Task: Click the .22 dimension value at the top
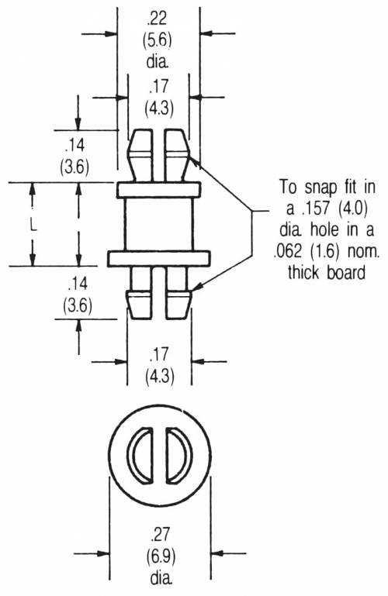point(156,19)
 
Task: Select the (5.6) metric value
point(157,40)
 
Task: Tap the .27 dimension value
point(160,534)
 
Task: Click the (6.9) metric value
point(161,556)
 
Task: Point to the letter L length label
point(33,226)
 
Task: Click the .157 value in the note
point(318,208)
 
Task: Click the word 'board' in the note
point(345,272)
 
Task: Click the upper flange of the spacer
point(158,190)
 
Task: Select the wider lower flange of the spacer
point(158,258)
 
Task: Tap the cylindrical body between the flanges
point(158,224)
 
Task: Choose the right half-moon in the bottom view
point(178,456)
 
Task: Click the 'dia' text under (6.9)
point(161,578)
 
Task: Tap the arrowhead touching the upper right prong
point(195,161)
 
